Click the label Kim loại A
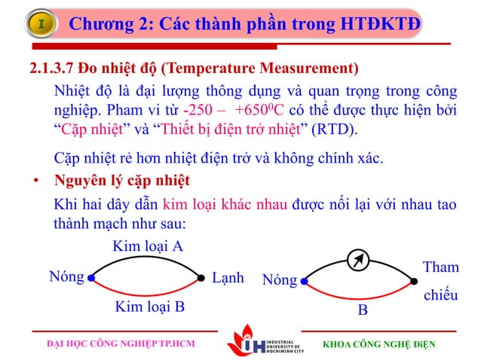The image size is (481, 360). [x=148, y=246]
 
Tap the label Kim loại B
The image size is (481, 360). [x=149, y=306]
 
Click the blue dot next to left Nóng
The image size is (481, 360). [x=90, y=278]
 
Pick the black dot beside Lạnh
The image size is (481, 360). [x=201, y=278]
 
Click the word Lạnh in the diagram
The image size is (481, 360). [x=228, y=277]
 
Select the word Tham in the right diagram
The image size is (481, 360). [x=441, y=267]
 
